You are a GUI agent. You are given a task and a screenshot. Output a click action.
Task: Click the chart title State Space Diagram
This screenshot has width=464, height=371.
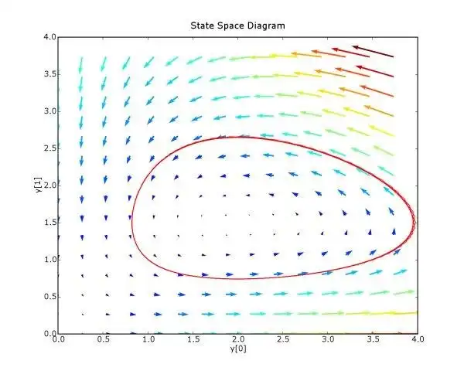pyautogui.click(x=237, y=26)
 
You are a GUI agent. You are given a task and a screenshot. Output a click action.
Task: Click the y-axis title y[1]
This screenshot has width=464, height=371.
pyautogui.click(x=39, y=185)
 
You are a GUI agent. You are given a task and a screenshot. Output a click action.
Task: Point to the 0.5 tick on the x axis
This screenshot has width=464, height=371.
pyautogui.click(x=102, y=339)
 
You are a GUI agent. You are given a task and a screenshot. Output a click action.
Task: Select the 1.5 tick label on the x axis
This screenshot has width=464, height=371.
pyautogui.click(x=193, y=339)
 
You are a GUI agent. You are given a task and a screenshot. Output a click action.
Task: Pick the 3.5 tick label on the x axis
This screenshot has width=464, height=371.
pyautogui.click(x=373, y=339)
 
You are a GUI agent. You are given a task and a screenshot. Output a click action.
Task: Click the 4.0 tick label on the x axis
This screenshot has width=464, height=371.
pyautogui.click(x=417, y=339)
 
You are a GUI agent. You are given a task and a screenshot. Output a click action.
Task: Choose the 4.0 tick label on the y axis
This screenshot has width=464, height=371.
pyautogui.click(x=49, y=37)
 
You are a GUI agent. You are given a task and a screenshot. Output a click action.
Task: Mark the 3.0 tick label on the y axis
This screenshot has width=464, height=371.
pyautogui.click(x=49, y=111)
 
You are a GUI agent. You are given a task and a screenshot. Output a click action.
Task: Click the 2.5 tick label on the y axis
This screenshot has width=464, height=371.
pyautogui.click(x=49, y=148)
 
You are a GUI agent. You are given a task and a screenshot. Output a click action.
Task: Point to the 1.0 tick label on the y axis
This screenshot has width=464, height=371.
pyautogui.click(x=49, y=259)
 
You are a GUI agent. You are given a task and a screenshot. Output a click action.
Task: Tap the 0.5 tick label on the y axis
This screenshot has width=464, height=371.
pyautogui.click(x=49, y=296)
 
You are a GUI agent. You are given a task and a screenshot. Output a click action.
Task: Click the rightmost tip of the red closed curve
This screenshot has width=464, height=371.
pyautogui.click(x=416, y=223)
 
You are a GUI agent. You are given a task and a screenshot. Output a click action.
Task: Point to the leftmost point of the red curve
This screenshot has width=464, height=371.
pyautogui.click(x=131, y=221)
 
